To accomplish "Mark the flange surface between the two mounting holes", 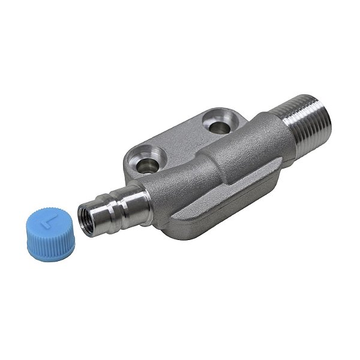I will (180, 139).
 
